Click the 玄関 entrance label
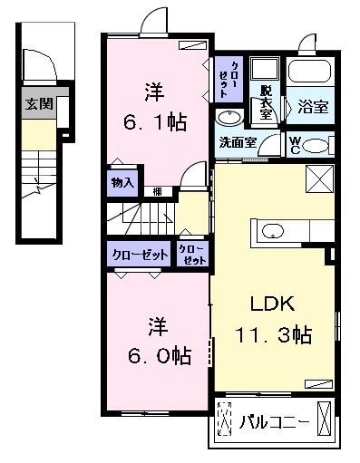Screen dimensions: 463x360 click(39, 104)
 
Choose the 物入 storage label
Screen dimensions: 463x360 click(122, 182)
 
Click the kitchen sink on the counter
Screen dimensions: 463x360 click(273, 231)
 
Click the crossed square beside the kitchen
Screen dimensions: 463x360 click(319, 178)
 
